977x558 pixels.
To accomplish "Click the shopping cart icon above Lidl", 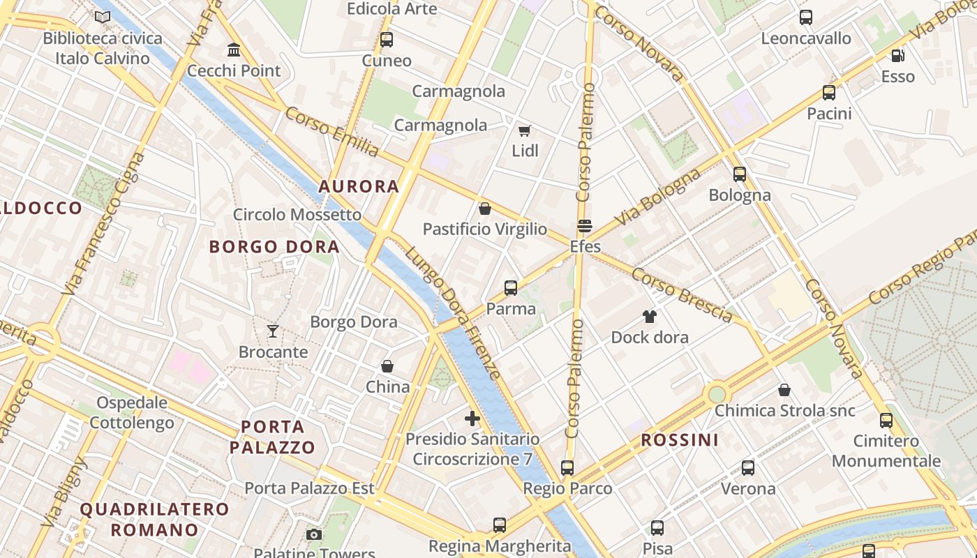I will pyautogui.click(x=524, y=130).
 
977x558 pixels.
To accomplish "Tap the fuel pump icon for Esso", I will pyautogui.click(x=897, y=56).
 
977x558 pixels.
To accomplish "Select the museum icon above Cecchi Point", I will pyautogui.click(x=234, y=50).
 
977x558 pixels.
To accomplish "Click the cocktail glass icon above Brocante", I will pyautogui.click(x=273, y=331).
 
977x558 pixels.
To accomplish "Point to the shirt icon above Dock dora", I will pyautogui.click(x=650, y=317).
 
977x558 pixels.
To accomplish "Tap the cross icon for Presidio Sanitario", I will pyautogui.click(x=472, y=418).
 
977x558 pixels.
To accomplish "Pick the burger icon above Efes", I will pyautogui.click(x=585, y=226).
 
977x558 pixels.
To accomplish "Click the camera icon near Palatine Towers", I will pyautogui.click(x=314, y=535).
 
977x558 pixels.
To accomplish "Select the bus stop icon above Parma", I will pyautogui.click(x=511, y=287).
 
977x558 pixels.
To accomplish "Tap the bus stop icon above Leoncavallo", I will pyautogui.click(x=806, y=17).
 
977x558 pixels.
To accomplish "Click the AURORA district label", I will pyautogui.click(x=359, y=186).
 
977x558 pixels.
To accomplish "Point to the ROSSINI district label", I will pyautogui.click(x=679, y=440).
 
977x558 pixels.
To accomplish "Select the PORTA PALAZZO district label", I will pyautogui.click(x=272, y=437).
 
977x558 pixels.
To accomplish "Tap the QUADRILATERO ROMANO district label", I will pyautogui.click(x=154, y=519).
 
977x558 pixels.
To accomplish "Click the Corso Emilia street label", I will pyautogui.click(x=332, y=131).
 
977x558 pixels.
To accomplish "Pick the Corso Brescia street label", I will pyautogui.click(x=682, y=296).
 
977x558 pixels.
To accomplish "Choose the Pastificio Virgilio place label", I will pyautogui.click(x=485, y=229).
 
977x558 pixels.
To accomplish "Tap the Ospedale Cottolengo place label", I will pyautogui.click(x=132, y=412).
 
